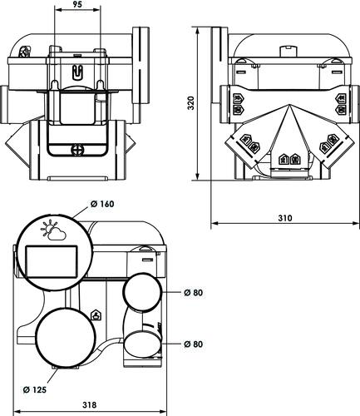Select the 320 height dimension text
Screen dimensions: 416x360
[x=190, y=103]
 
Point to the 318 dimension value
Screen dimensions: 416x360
[x=90, y=405]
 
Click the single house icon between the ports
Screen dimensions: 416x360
[x=96, y=314]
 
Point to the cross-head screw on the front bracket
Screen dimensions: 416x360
[x=77, y=151]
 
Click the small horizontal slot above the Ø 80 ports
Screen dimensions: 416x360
[x=146, y=260]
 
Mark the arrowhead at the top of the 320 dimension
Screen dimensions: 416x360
[x=199, y=30]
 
